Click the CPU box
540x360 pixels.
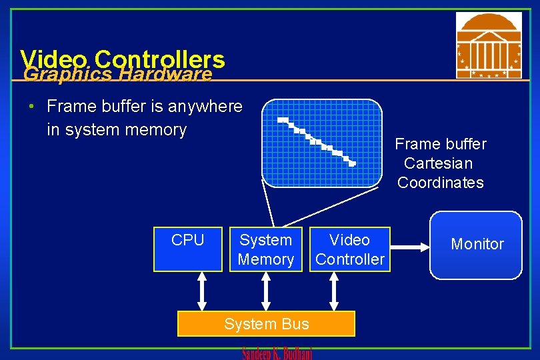(x=188, y=249)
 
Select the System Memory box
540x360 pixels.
(x=266, y=249)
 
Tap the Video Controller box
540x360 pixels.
(x=349, y=249)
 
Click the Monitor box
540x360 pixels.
(x=476, y=245)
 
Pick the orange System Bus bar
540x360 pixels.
(x=266, y=324)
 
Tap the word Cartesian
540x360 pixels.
(x=438, y=163)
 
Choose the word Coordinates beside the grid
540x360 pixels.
(x=441, y=183)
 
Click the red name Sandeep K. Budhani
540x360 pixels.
(x=277, y=353)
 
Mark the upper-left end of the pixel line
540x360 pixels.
(x=282, y=120)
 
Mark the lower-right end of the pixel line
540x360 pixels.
(x=353, y=163)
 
